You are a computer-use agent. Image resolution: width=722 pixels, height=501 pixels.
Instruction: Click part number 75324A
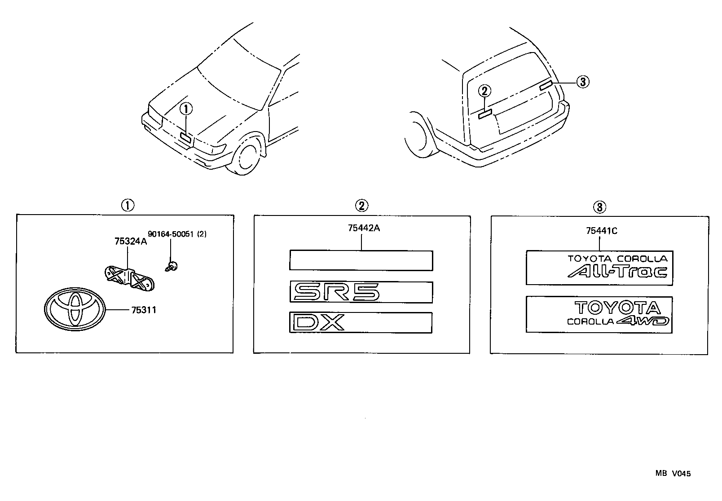tap(131, 242)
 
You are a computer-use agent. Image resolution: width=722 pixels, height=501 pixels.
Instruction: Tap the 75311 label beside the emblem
tap(144, 310)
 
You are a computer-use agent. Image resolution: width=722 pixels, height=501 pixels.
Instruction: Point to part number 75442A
tap(364, 228)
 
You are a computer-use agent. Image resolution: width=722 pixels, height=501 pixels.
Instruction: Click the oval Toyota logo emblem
tap(75, 309)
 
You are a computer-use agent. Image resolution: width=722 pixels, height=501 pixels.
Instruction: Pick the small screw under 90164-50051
tap(171, 266)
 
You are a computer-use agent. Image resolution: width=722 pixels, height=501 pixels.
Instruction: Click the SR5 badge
tap(336, 293)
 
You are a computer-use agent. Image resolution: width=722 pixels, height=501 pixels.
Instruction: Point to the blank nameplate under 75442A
tap(361, 260)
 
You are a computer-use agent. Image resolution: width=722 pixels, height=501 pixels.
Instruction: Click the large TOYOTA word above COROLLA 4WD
tap(618, 308)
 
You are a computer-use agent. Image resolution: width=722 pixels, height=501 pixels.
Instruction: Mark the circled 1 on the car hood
tap(186, 108)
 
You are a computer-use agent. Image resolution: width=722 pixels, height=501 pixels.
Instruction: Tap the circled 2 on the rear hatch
tap(484, 92)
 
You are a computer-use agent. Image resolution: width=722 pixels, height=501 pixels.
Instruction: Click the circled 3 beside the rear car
tap(582, 82)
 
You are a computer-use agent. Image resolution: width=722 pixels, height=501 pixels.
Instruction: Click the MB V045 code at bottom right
tap(672, 473)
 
